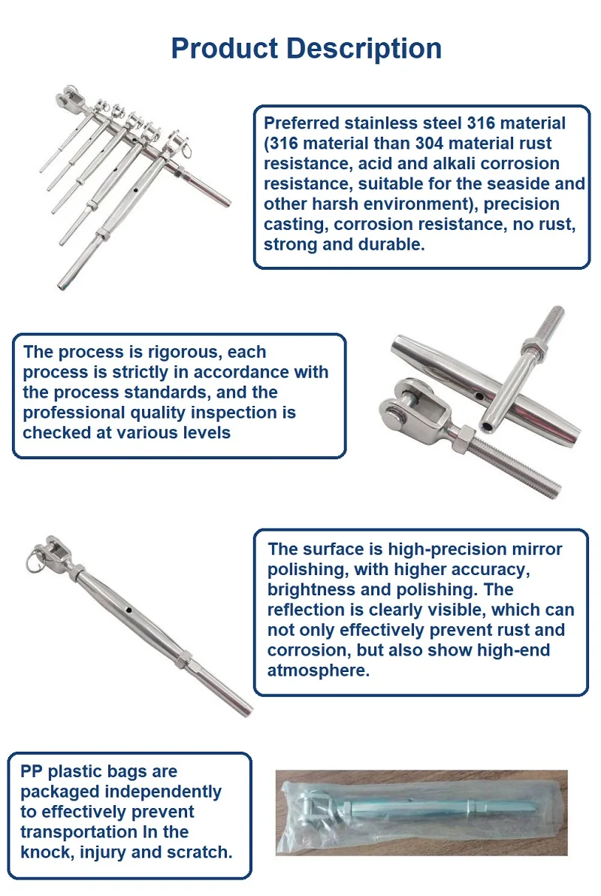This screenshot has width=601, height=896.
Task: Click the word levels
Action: (x=204, y=433)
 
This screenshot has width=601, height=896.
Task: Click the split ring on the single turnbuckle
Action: (x=35, y=559)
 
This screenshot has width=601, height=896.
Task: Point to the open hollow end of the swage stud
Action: (x=488, y=427)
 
